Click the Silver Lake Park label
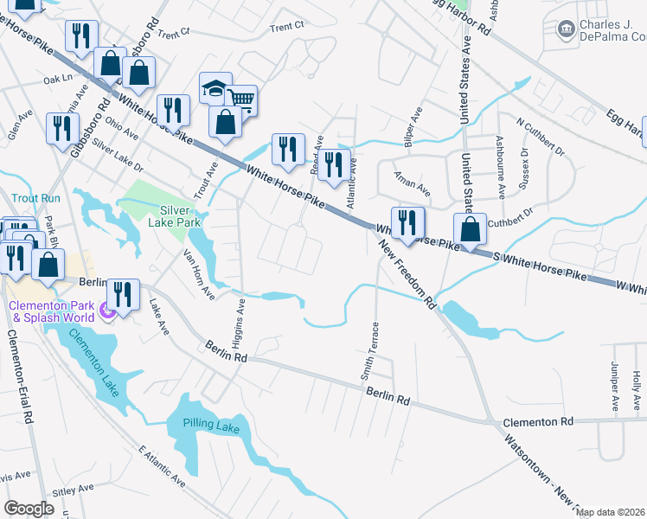[x=180, y=215]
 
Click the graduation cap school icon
[x=215, y=88]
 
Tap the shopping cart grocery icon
[x=241, y=100]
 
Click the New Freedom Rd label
[x=406, y=273]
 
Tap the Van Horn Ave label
[x=198, y=275]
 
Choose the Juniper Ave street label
[x=615, y=386]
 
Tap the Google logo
[x=29, y=509]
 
